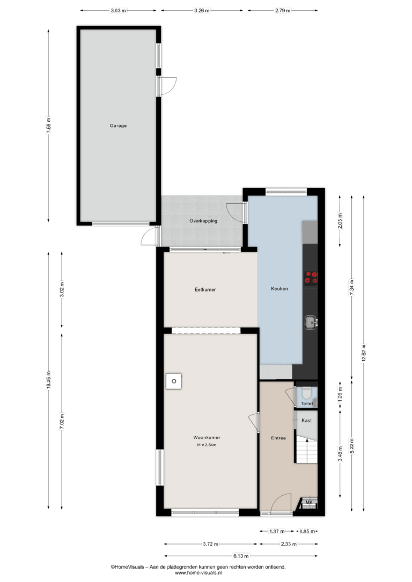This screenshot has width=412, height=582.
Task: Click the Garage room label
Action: point(118,126)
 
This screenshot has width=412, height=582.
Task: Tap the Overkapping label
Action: point(203,221)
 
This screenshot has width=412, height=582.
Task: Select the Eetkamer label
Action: point(205,289)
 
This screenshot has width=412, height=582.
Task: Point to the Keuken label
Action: point(279,288)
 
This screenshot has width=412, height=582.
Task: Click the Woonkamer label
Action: point(207,438)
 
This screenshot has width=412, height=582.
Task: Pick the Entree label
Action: point(278,438)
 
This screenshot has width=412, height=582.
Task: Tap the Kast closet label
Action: point(306,421)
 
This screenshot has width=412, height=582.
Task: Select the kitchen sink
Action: point(311,323)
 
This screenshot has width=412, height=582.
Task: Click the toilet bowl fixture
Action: point(306,393)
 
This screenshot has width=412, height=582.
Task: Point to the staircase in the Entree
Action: point(306,450)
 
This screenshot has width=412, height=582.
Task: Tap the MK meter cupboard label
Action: point(308,503)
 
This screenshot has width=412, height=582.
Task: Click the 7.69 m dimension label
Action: point(49,125)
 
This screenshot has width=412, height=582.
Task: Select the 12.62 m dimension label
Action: point(364,354)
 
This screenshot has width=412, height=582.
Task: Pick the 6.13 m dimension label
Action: point(241,556)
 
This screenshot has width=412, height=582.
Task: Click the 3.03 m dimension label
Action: point(118,11)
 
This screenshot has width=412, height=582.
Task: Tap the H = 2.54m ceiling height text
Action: point(207,445)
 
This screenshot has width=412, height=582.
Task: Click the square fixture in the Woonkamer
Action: point(174,381)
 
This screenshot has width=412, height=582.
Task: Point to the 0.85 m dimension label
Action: point(307,532)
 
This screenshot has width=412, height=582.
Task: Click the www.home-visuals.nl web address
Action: point(198,573)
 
